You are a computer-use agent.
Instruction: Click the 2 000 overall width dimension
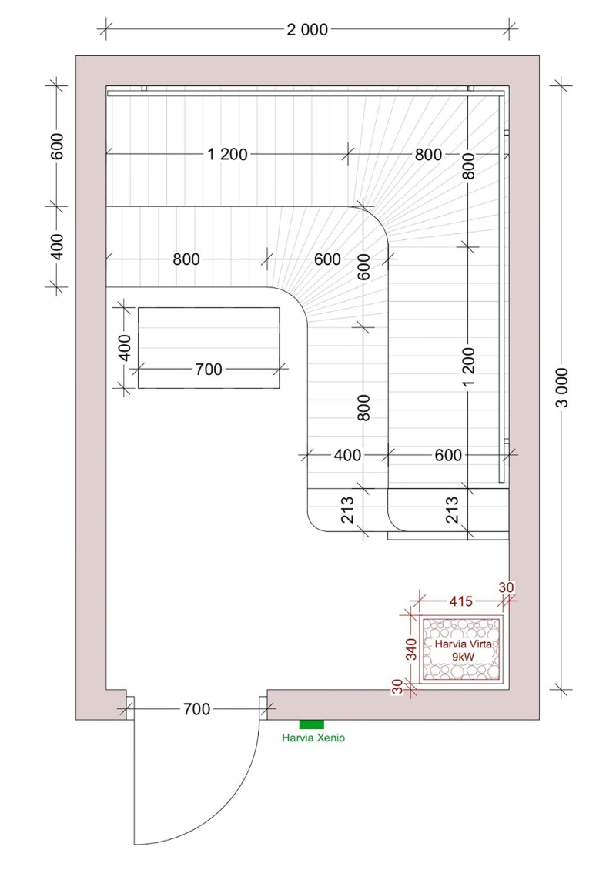307,29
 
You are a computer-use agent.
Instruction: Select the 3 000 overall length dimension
562,387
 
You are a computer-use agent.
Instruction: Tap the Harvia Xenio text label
313,738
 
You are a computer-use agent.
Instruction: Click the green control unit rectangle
311,724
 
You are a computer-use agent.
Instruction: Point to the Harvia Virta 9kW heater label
463,650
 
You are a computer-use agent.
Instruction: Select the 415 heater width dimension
461,601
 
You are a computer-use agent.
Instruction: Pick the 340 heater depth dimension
411,649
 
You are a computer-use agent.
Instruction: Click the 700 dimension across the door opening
196,709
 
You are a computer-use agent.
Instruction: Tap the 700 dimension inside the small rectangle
209,369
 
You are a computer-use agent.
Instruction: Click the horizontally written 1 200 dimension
227,154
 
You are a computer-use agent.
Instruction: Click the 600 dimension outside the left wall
57,146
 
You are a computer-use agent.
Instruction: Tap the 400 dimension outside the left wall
57,247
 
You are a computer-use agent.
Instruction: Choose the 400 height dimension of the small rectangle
126,348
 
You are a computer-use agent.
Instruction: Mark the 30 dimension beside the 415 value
506,587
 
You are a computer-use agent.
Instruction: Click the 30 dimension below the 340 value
398,687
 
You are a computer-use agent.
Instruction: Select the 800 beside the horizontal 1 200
428,154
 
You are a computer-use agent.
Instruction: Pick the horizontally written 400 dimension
347,456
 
